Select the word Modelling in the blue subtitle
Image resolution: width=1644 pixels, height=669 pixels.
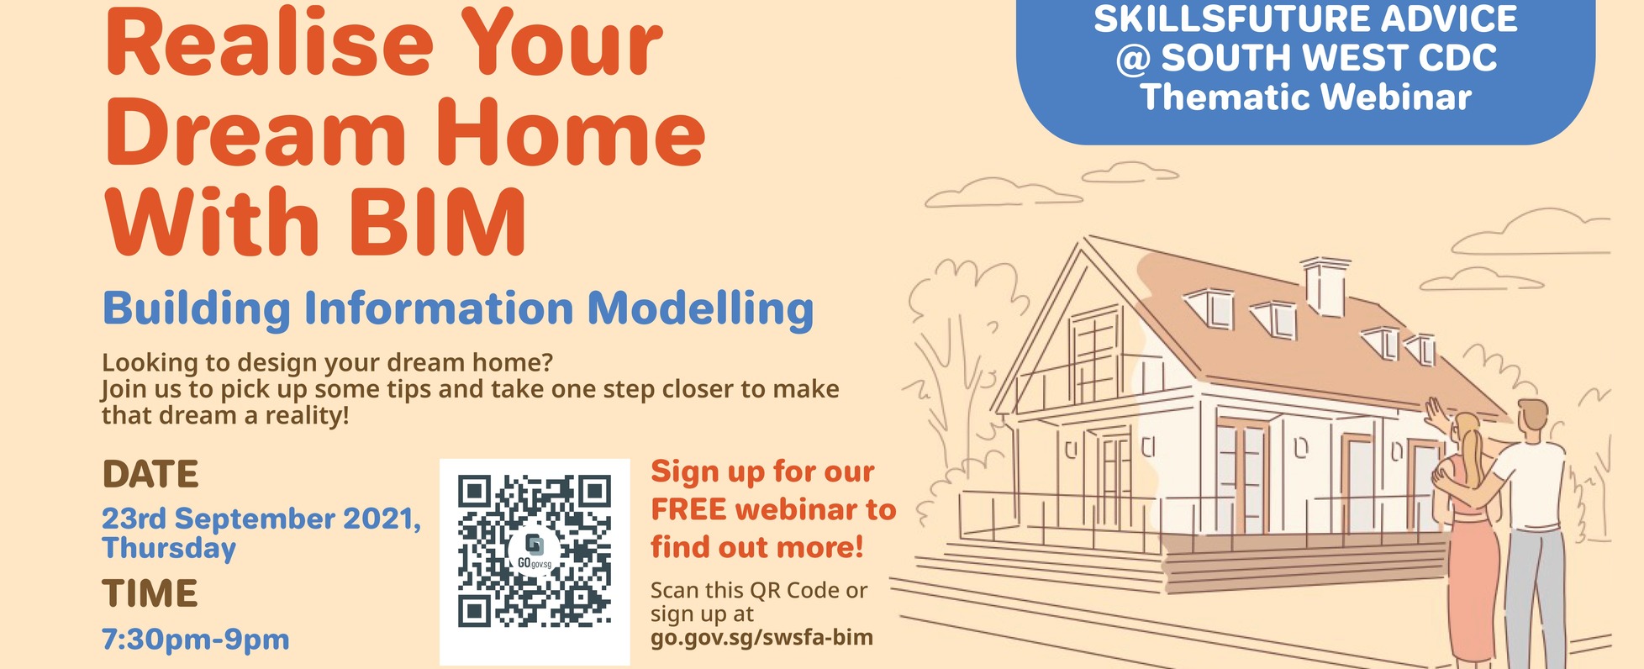click(x=700, y=309)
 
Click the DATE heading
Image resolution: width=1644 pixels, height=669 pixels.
click(x=150, y=475)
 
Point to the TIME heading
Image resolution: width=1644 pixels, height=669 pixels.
click(x=150, y=593)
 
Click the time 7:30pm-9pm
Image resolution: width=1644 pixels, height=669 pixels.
click(x=196, y=640)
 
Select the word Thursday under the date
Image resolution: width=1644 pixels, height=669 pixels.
click(x=169, y=549)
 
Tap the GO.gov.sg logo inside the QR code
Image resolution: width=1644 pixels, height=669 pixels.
click(x=534, y=552)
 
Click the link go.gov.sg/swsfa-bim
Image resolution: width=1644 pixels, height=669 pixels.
click(x=761, y=638)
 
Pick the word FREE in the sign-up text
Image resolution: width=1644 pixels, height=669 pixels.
click(x=688, y=509)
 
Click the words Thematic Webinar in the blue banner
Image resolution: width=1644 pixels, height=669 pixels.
click(x=1305, y=97)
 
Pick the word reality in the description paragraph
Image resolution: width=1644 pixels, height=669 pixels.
click(x=303, y=416)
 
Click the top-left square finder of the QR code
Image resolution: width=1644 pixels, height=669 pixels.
click(x=474, y=492)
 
